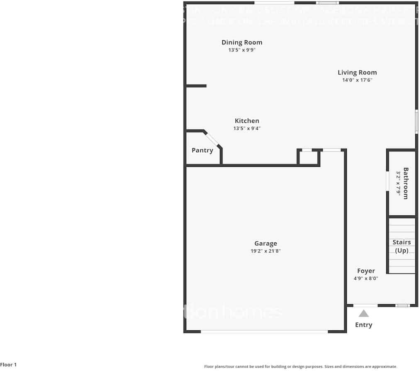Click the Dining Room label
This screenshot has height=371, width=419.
click(242, 42)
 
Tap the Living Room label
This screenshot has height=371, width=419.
click(357, 73)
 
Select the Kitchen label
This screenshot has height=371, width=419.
click(247, 121)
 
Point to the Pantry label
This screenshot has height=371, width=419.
click(202, 151)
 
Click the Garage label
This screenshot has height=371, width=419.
click(266, 244)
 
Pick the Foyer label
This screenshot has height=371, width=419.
click(366, 271)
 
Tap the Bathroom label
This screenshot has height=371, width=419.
click(406, 183)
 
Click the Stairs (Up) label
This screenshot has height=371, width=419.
click(402, 246)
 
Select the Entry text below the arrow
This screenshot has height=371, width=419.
click(364, 325)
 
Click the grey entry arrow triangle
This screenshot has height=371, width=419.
click(364, 313)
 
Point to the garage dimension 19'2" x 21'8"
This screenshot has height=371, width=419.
click(266, 251)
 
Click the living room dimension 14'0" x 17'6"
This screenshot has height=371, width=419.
click(357, 80)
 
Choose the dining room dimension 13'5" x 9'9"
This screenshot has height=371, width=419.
click(242, 50)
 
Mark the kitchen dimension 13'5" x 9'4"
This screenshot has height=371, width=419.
click(247, 129)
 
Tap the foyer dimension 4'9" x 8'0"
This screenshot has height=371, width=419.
click(366, 278)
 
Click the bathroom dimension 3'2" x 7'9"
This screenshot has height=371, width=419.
click(399, 183)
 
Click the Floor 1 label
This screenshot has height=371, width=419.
click(8, 365)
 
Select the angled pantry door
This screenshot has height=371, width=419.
click(213, 139)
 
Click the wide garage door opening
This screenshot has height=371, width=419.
click(264, 332)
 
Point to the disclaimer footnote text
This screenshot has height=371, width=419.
click(300, 366)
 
